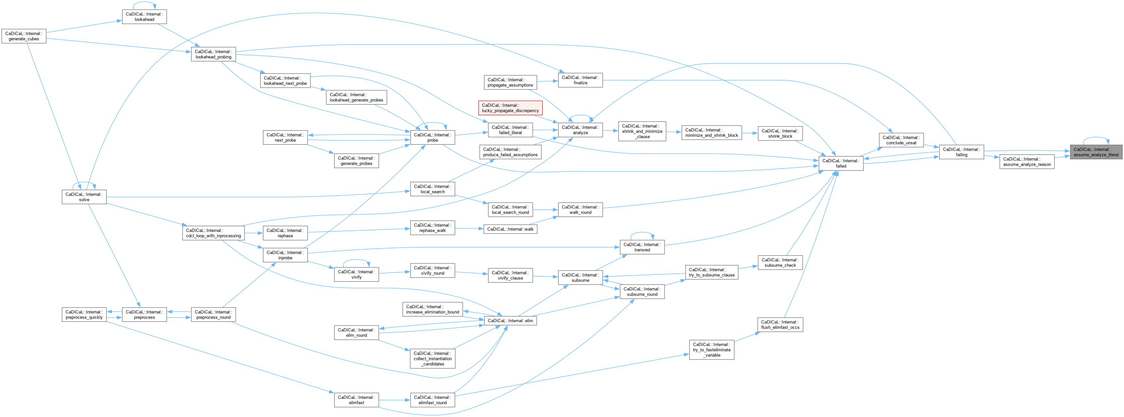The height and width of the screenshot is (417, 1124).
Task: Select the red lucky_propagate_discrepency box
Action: click(510, 108)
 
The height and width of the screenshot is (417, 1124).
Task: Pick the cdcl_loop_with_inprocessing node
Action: click(213, 233)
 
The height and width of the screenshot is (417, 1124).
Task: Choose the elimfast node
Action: click(356, 400)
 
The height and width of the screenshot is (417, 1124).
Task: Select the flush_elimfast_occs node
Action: click(780, 324)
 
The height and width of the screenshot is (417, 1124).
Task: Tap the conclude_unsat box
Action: click(901, 140)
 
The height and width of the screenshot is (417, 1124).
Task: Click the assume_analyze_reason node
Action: click(1027, 162)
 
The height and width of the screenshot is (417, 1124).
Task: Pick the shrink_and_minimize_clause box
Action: click(642, 131)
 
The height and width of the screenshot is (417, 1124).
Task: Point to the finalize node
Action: click(580, 80)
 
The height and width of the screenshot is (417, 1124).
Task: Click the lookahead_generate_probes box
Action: click(356, 97)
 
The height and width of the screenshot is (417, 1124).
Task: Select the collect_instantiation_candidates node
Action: click(432, 359)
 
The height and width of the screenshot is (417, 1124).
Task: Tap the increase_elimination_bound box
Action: click(432, 309)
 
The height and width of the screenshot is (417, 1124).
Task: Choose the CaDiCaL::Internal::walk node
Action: click(510, 229)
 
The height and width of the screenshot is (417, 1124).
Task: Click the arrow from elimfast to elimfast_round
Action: click(394, 400)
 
